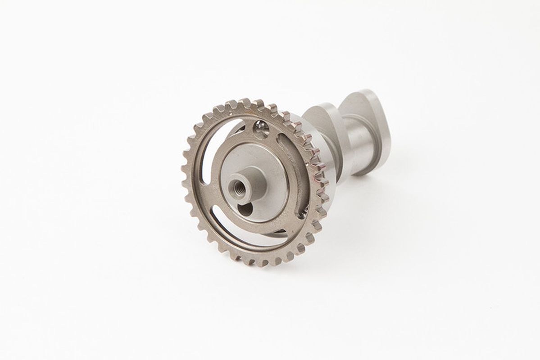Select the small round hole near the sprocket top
coord(260,129)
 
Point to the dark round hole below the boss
coord(246,209)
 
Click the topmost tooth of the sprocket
coord(245,103)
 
